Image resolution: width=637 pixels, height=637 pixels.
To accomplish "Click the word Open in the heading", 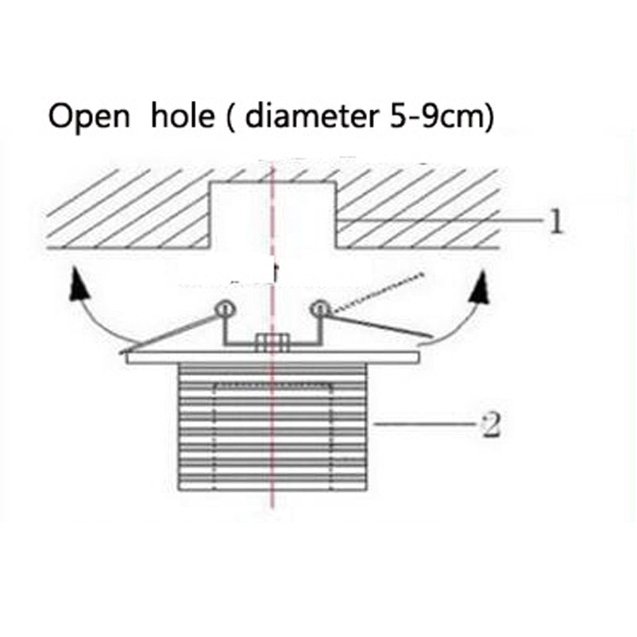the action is pos(89,117).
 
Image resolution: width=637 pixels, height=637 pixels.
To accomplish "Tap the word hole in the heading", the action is pos(183,114).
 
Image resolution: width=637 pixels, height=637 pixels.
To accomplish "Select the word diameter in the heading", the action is pos(312,114).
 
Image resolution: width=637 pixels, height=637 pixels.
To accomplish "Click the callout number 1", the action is pos(556,222).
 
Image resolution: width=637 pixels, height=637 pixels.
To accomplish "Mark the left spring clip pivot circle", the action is pos(224,310).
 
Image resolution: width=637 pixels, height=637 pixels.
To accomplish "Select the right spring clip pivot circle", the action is pos(320,309).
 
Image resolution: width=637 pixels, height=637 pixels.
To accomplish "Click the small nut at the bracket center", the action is pos(272,342).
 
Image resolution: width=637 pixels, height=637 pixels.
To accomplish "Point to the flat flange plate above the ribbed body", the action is pos(272,358).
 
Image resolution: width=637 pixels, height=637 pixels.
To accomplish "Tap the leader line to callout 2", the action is pos(424,423).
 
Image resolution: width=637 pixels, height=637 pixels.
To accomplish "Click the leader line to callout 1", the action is pos(440,220).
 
